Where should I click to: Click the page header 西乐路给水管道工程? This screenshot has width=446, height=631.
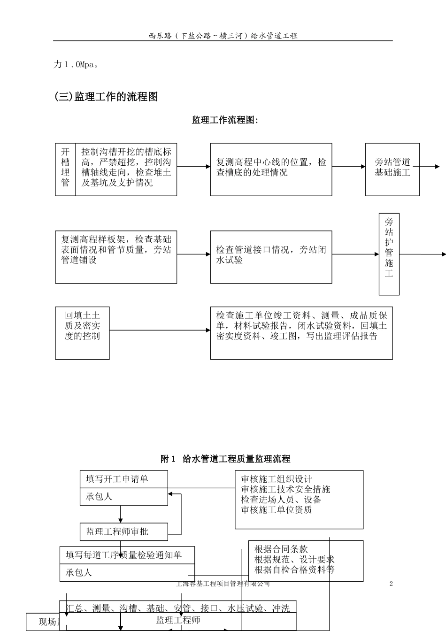pyautogui.click(x=223, y=36)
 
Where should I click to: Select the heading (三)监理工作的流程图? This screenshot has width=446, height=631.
pyautogui.click(x=106, y=97)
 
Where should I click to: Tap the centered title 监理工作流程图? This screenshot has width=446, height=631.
pyautogui.click(x=225, y=120)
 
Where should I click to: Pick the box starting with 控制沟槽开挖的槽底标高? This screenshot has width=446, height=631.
pyautogui.click(x=126, y=168)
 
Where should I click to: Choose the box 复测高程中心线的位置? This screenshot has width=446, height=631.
pyautogui.click(x=271, y=169)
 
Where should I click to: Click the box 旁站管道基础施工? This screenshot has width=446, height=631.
pyautogui.click(x=392, y=169)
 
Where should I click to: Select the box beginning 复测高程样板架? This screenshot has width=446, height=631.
pyautogui.click(x=116, y=256)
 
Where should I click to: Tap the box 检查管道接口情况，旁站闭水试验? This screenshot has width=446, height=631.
pyautogui.click(x=271, y=256)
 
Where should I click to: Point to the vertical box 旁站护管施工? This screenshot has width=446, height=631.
pyautogui.click(x=389, y=254)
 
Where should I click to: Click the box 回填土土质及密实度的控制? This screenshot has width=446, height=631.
pyautogui.click(x=82, y=332)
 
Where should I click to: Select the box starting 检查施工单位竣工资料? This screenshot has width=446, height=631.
pyautogui.click(x=301, y=332)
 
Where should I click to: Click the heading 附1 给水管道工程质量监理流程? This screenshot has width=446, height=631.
pyautogui.click(x=225, y=459)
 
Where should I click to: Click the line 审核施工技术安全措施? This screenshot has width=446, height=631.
pyautogui.click(x=285, y=489)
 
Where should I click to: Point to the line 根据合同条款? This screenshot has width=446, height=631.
pyautogui.click(x=281, y=549)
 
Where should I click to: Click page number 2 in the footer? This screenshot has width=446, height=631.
pyautogui.click(x=391, y=584)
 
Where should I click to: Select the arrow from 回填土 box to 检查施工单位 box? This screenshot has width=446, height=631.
pyautogui.click(x=160, y=330)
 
